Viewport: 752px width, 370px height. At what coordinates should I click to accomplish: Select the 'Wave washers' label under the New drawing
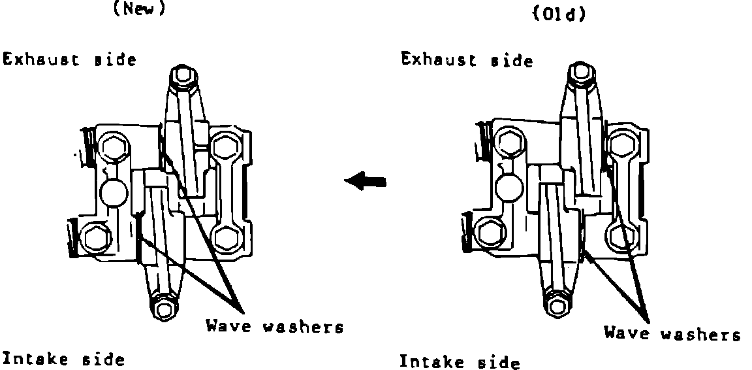(275, 326)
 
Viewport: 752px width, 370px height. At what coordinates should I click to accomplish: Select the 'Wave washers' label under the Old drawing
(672, 334)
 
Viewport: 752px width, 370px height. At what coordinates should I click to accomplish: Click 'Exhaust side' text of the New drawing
(70, 59)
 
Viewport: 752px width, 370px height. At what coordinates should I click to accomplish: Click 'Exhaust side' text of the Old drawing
(467, 61)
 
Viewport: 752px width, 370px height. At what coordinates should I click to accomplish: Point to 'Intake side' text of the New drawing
(63, 359)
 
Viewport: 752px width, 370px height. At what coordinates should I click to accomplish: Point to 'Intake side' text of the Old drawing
(460, 362)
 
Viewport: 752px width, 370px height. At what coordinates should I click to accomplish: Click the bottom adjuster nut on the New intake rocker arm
(162, 305)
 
